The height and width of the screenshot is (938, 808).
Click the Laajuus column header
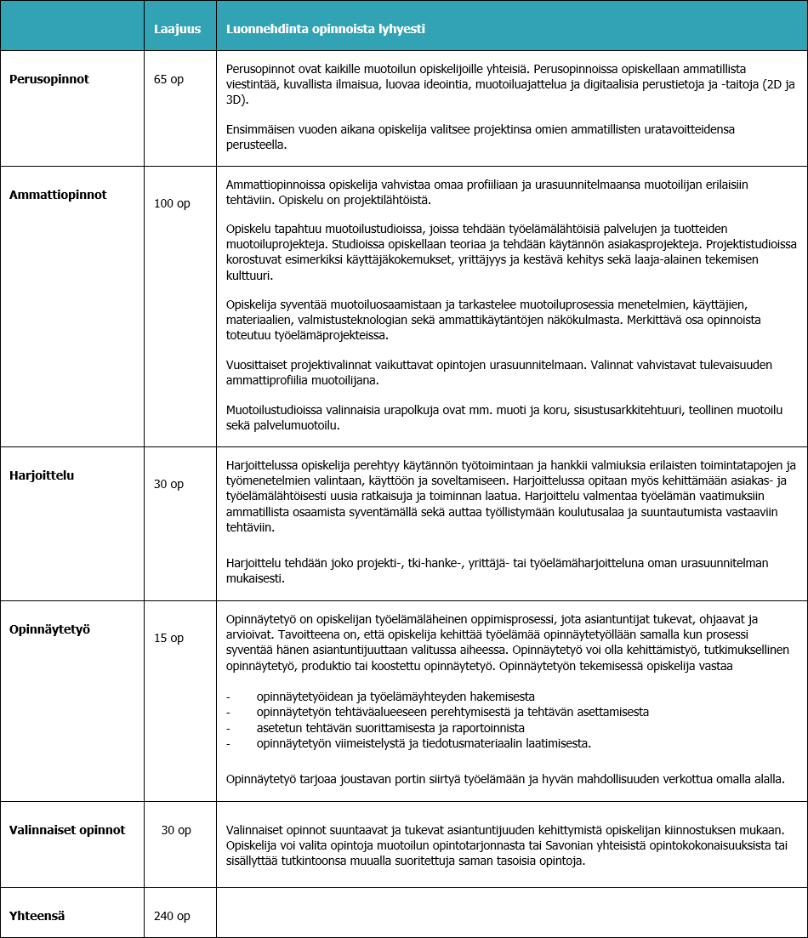pos(177,29)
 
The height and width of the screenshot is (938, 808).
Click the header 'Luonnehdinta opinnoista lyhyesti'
pos(325,29)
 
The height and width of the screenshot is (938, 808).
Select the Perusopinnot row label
pos(49,79)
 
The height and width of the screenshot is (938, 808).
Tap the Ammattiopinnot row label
pos(58,194)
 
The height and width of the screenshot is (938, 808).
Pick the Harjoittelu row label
pos(42,475)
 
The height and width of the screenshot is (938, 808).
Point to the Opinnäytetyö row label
pos(49,629)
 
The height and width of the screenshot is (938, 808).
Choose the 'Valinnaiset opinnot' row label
pos(67,830)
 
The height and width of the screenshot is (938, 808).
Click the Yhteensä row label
pos(37,916)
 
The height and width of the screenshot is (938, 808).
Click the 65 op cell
pos(168,79)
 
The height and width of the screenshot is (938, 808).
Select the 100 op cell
pos(172,203)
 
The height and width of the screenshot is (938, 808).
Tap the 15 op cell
pos(168,638)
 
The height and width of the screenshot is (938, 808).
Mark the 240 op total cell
pos(172,916)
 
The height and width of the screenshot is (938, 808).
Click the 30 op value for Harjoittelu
pos(168,484)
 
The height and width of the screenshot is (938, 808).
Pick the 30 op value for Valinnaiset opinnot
pos(176,830)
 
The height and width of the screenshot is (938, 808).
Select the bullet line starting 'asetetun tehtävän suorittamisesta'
pos(390,728)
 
